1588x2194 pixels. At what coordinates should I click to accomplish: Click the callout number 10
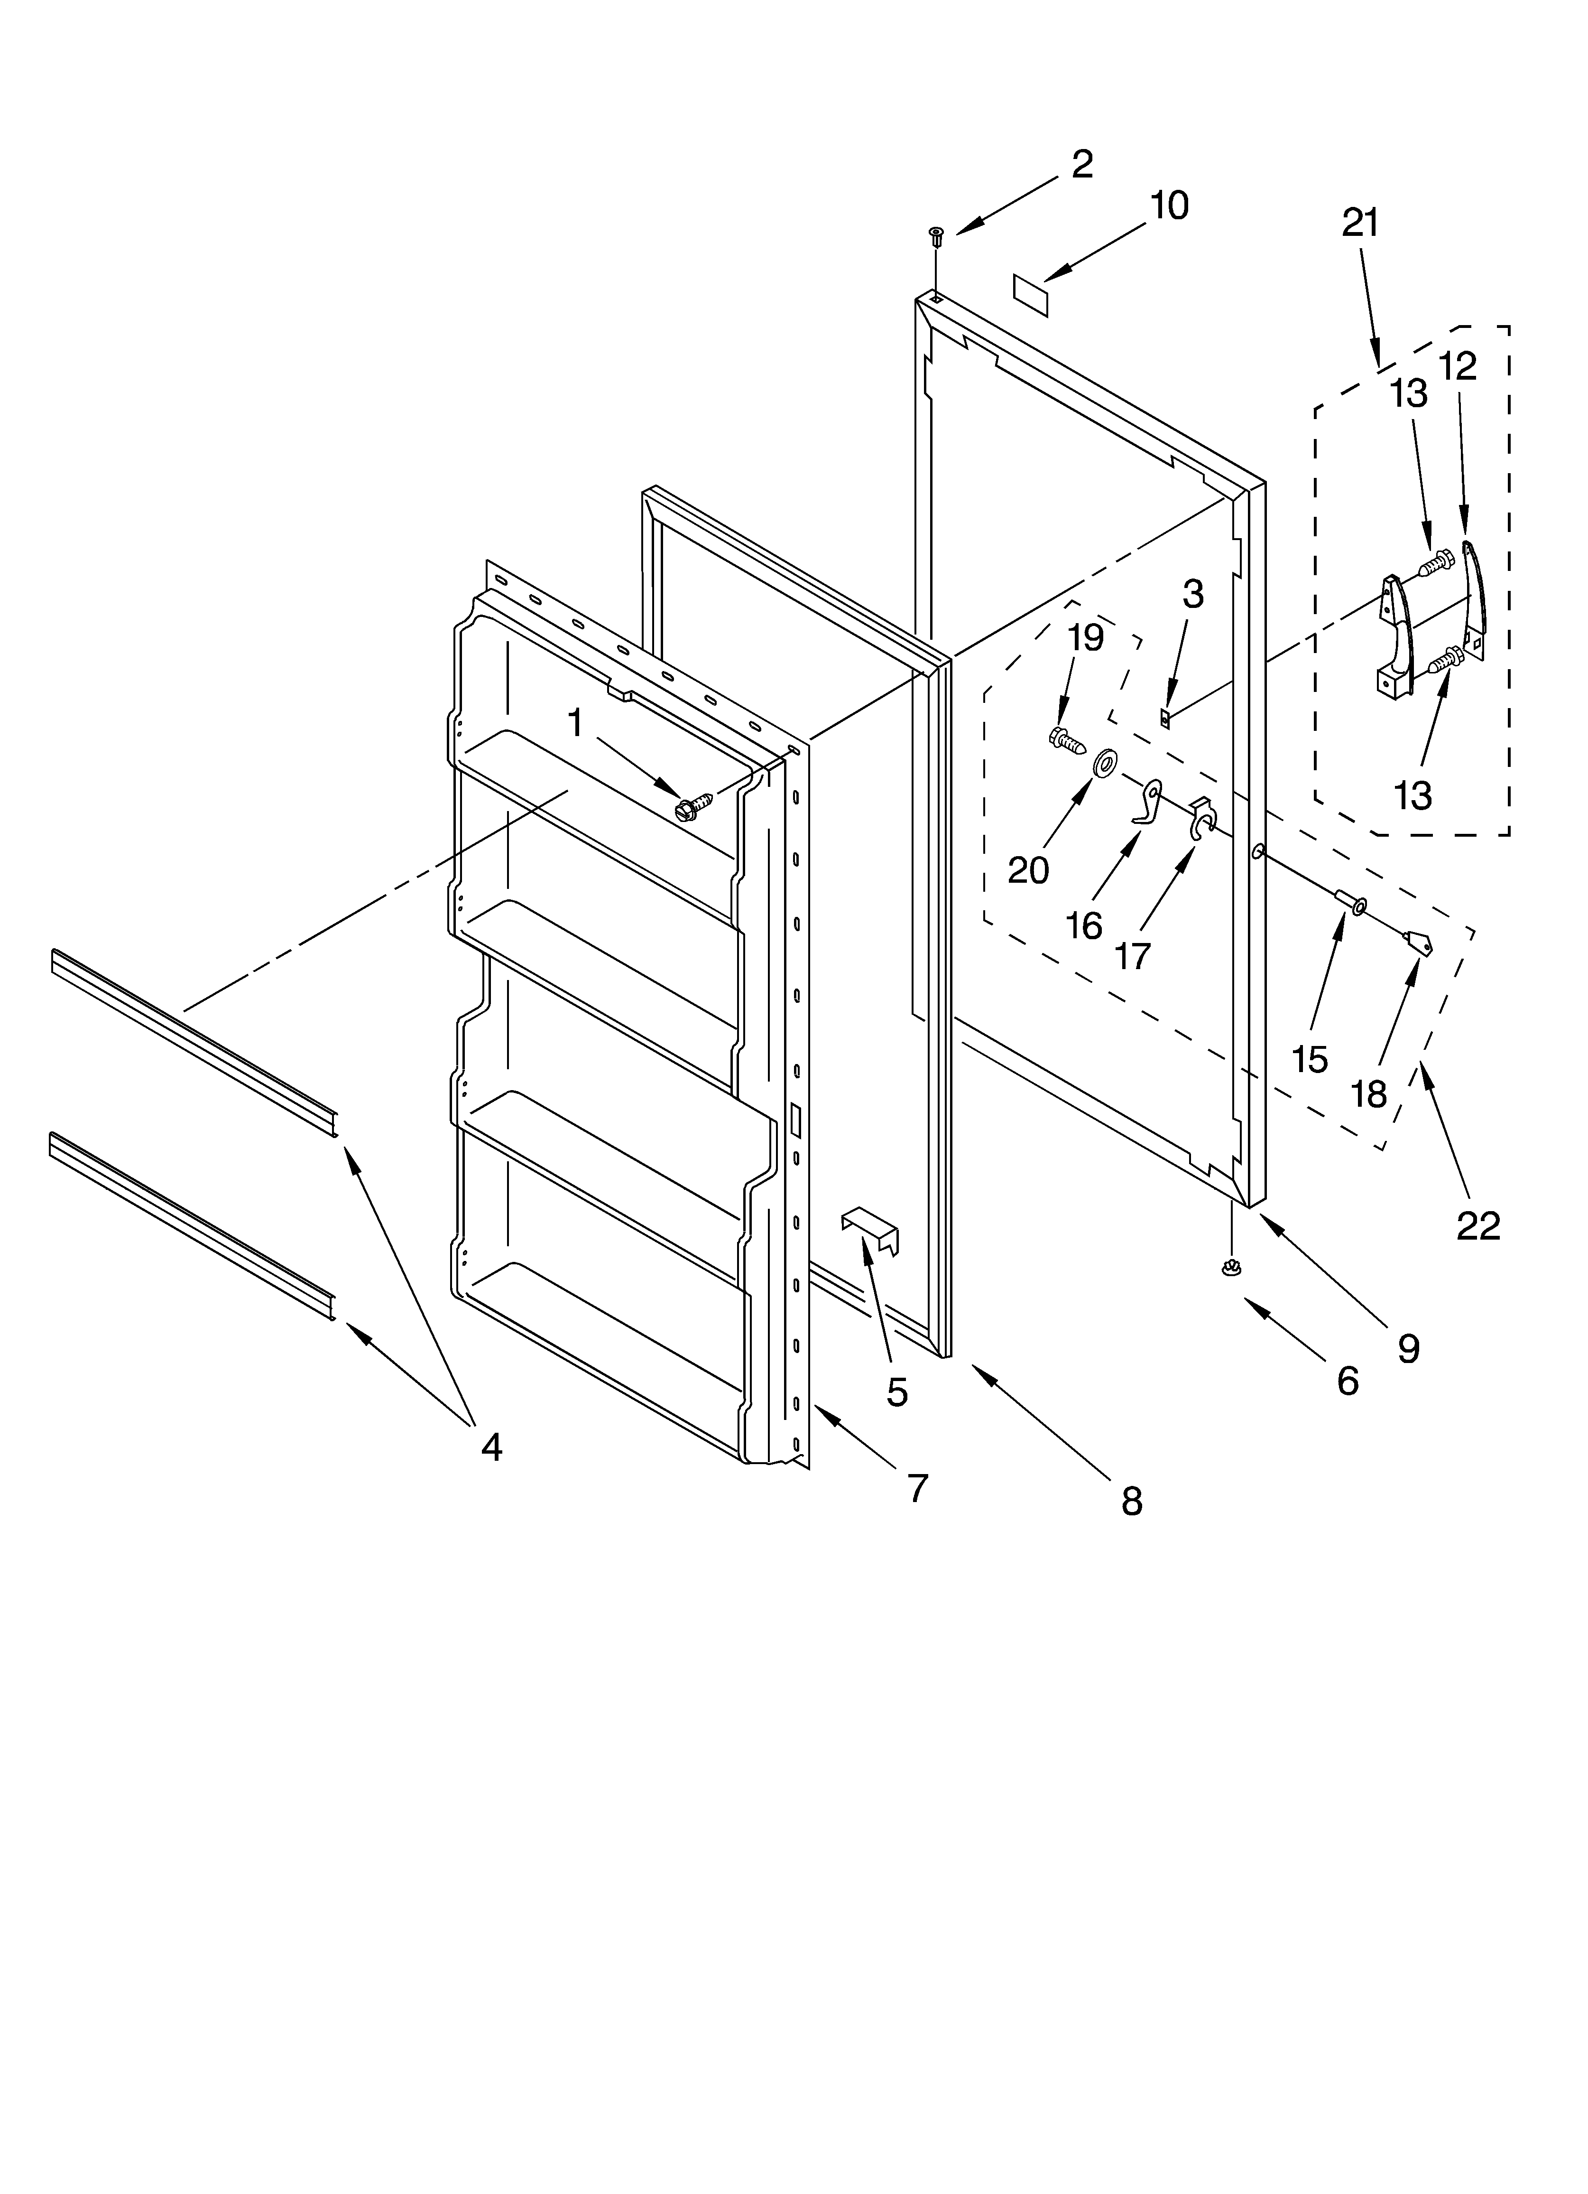click(x=1168, y=206)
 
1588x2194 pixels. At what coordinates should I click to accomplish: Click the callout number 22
click(x=1478, y=1226)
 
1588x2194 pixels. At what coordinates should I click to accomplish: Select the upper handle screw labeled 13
click(x=1439, y=559)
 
